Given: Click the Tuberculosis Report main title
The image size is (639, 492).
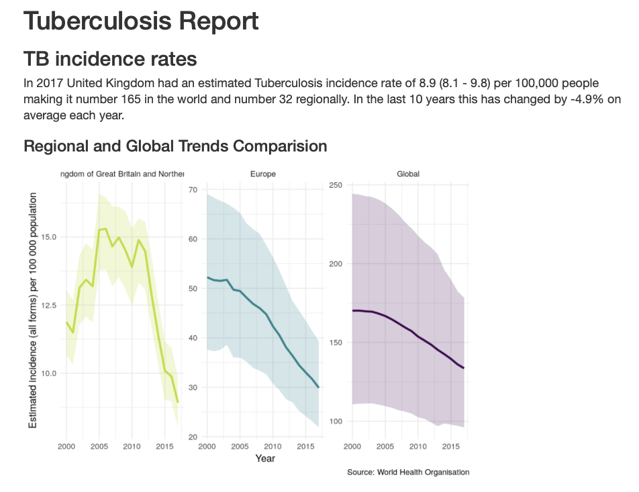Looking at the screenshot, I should pos(141,21).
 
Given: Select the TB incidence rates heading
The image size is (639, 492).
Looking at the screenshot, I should pos(110,59).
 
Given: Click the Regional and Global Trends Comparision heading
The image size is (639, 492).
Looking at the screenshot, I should pos(175,145).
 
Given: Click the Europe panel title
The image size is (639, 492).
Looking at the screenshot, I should pos(262,174).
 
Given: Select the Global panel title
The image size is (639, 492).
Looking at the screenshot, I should pos(408,174).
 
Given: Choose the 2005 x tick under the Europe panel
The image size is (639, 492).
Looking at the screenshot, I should pos(239,446).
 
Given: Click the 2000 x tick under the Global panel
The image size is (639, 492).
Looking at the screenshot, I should pos(352,446).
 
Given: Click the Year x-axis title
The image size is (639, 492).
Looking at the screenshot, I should pos(264,458).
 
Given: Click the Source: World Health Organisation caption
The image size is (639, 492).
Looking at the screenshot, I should pos(408,473).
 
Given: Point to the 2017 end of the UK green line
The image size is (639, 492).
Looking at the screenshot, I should pos(178,402).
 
